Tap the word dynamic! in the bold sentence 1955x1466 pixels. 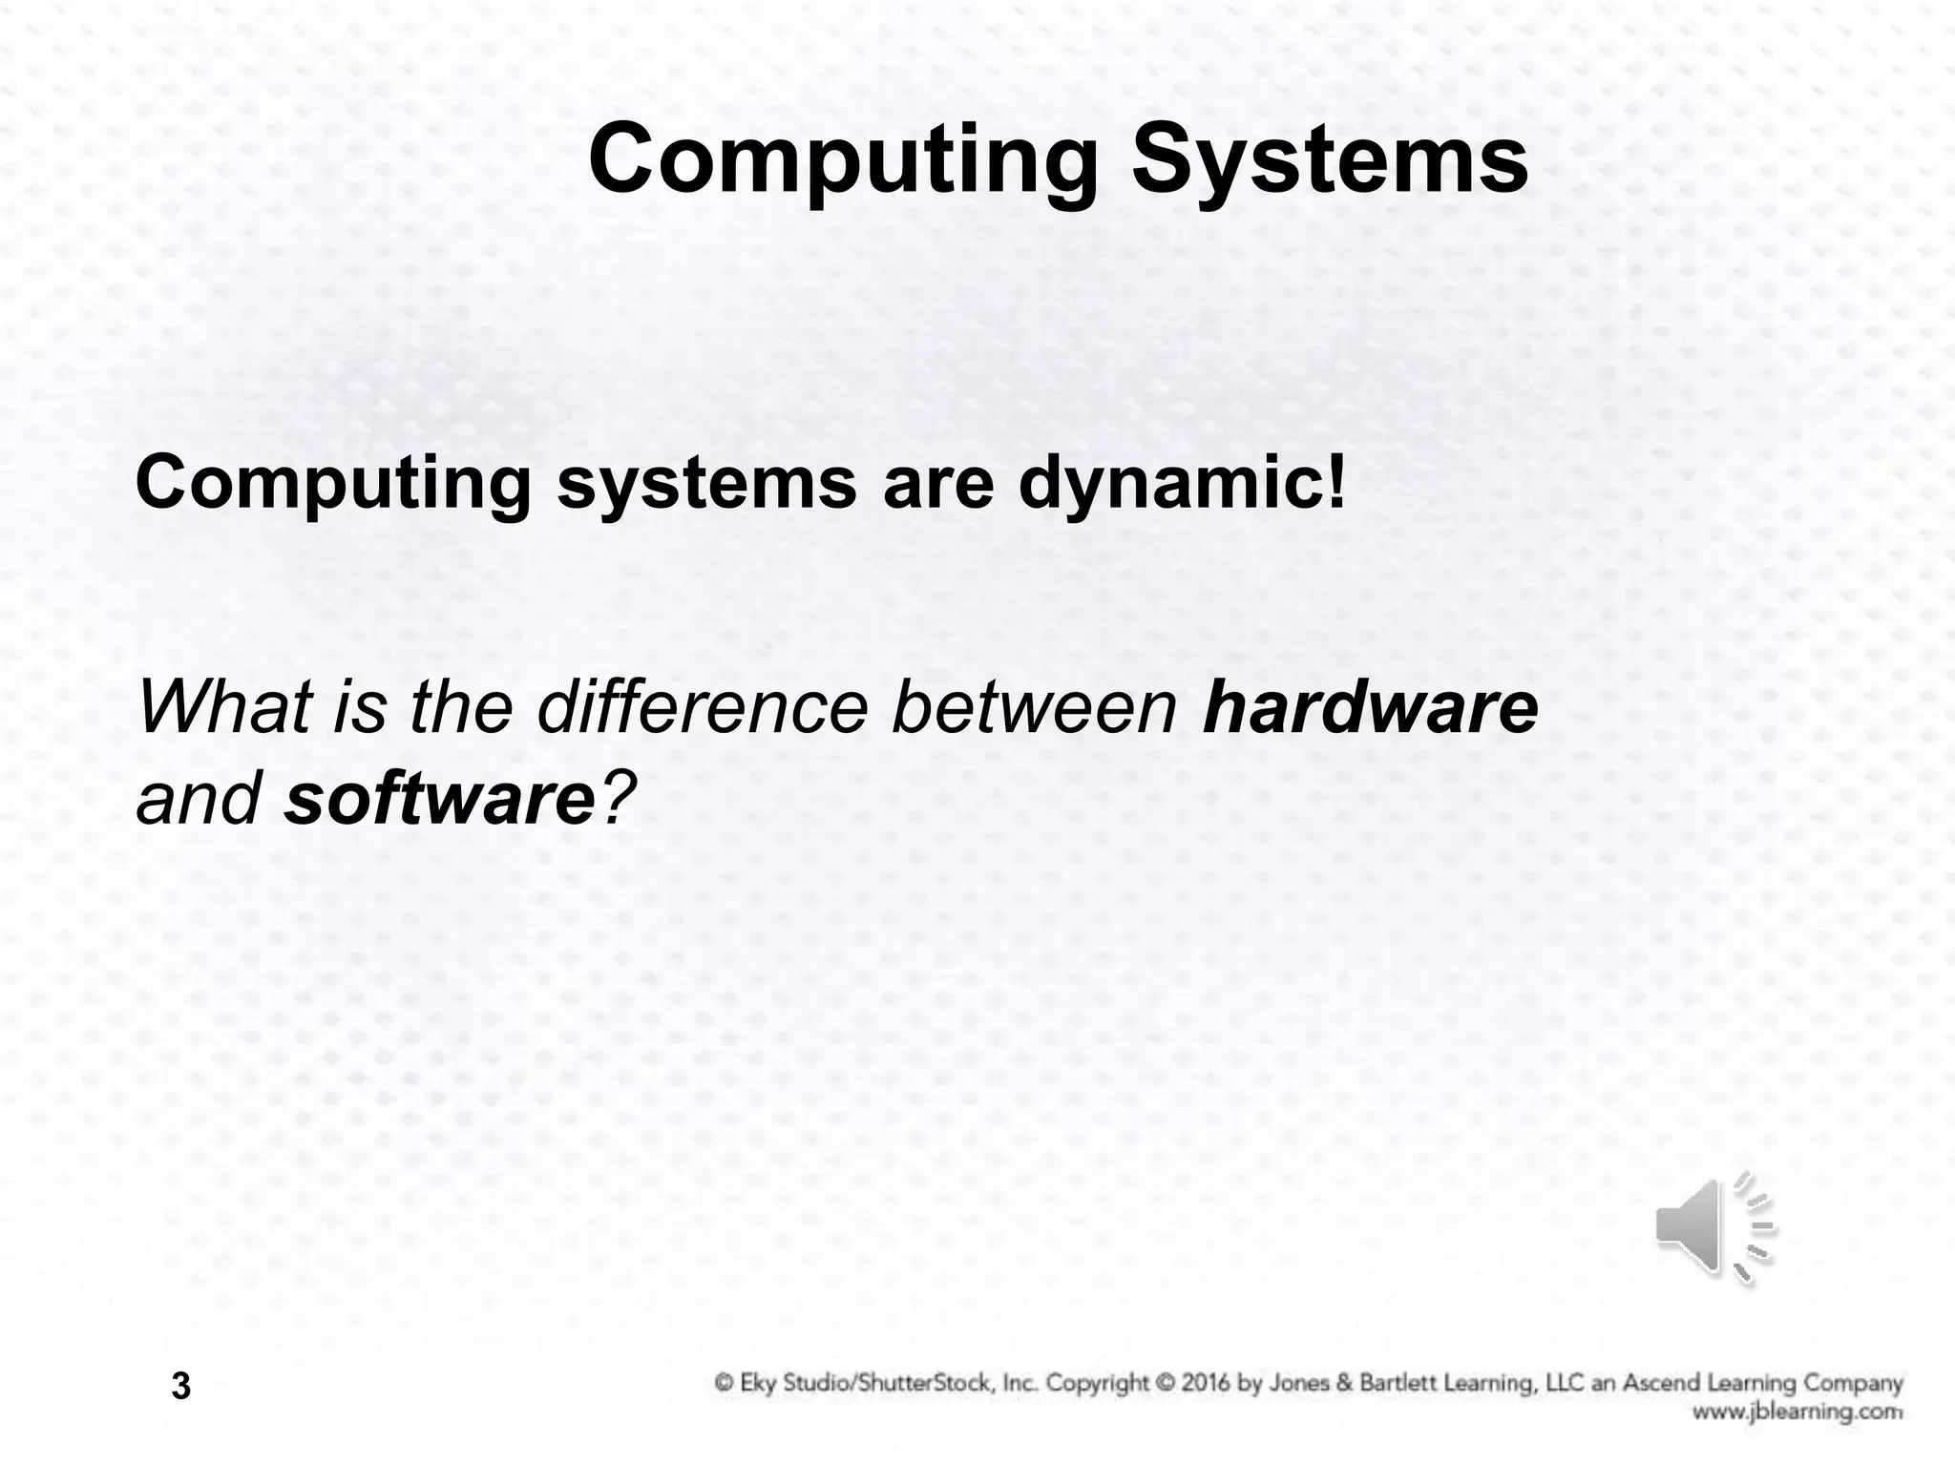pos(1182,484)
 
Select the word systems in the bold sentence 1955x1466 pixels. pos(706,484)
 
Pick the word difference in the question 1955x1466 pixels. pos(703,707)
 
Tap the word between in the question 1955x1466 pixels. pos(1034,707)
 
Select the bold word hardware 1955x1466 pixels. pos(1370,707)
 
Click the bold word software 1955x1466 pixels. pos(440,798)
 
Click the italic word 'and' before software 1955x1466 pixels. pos(199,798)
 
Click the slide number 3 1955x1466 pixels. pos(181,1385)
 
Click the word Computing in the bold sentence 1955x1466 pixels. pos(333,484)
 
